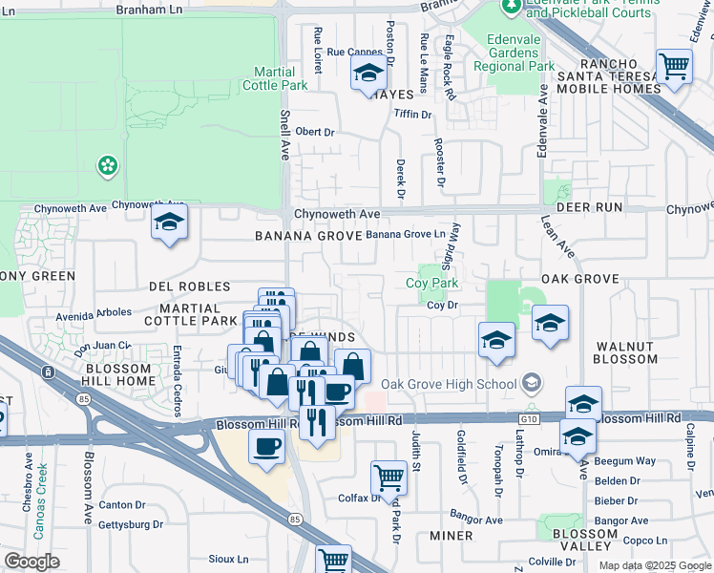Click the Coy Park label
tap(432, 284)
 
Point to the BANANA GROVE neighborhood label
tap(306, 235)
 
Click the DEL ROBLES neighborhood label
tap(190, 286)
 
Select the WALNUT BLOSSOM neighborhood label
tap(625, 353)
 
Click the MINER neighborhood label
tap(451, 536)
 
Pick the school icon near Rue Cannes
tap(368, 73)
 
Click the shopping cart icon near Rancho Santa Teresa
tap(674, 68)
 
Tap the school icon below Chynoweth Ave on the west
tap(170, 223)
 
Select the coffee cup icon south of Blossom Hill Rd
tap(266, 446)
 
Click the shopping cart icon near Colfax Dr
tap(388, 476)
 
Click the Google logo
tap(31, 562)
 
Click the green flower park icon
tap(109, 166)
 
